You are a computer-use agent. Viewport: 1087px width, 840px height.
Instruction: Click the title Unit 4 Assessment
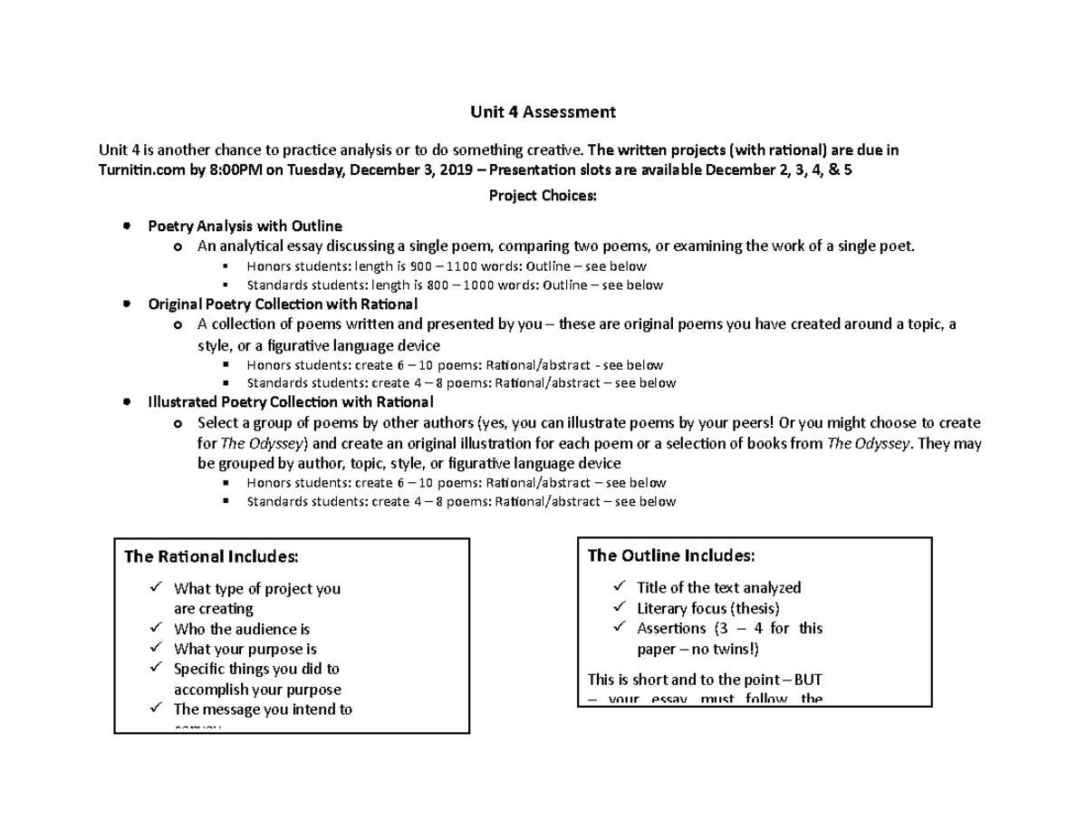(x=543, y=112)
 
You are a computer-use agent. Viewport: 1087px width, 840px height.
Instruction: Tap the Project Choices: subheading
(x=543, y=194)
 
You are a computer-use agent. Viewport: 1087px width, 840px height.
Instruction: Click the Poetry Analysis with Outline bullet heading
(x=245, y=226)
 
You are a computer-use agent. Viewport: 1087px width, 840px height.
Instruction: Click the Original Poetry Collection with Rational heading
(x=283, y=304)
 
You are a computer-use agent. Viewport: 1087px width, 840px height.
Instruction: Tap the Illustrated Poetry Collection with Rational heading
(x=291, y=401)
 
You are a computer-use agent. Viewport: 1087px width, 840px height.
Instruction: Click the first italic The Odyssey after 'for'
(x=265, y=443)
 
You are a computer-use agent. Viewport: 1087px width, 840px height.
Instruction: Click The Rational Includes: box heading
(x=210, y=556)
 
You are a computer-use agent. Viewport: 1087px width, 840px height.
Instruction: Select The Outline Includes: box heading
(x=670, y=555)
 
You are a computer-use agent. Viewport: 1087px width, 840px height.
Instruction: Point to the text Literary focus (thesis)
(x=707, y=608)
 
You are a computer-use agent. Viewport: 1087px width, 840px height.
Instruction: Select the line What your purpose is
(x=245, y=649)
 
